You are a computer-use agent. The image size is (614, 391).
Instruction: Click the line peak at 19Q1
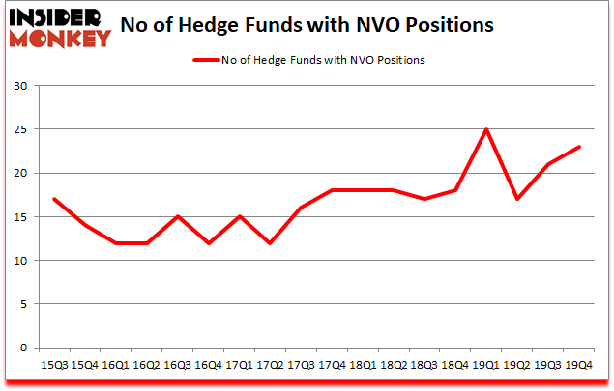tap(485, 129)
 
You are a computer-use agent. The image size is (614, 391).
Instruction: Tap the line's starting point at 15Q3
tap(54, 199)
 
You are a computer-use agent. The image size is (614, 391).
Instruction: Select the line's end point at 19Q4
tap(579, 147)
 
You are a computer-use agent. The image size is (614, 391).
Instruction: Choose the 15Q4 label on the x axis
tap(85, 365)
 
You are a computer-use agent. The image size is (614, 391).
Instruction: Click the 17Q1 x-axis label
tap(240, 365)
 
